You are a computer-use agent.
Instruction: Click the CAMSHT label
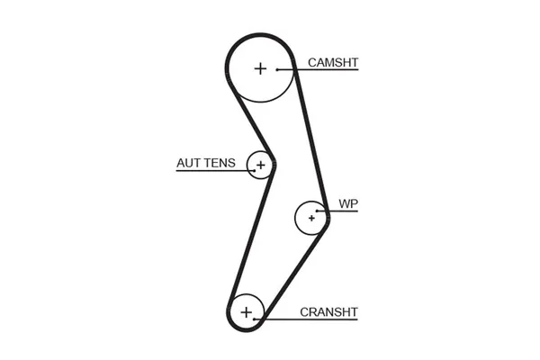point(333,63)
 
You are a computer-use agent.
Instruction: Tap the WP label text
point(348,204)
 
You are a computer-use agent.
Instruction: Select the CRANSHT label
point(328,312)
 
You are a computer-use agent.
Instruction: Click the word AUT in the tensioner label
point(189,164)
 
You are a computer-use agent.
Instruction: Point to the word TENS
point(220,164)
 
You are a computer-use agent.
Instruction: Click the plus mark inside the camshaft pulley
point(260,68)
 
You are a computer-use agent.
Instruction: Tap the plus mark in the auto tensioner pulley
point(260,165)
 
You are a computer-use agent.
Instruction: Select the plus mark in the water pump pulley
point(311,217)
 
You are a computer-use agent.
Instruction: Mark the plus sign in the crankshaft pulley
point(247,311)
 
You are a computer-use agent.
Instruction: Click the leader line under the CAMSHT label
point(324,70)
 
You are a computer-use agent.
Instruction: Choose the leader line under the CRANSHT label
point(310,319)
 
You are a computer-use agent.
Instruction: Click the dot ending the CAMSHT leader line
point(279,70)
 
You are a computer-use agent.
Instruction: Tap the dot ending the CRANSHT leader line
point(256,319)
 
